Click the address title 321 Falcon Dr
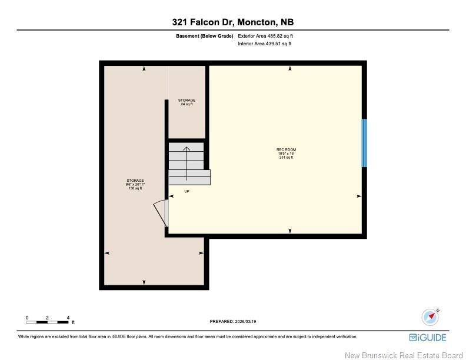pyautogui.click(x=232, y=22)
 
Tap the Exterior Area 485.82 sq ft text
pyautogui.click(x=265, y=36)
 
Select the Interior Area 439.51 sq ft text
pyautogui.click(x=265, y=44)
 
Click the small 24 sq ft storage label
pyautogui.click(x=187, y=102)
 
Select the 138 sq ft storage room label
pyautogui.click(x=135, y=184)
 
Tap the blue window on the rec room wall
pyautogui.click(x=364, y=143)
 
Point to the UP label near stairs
pyautogui.click(x=187, y=192)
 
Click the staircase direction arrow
pyautogui.click(x=187, y=162)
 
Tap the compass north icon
pyautogui.click(x=430, y=317)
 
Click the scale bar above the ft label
pyautogui.click(x=48, y=322)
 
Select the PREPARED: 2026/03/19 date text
pyautogui.click(x=233, y=321)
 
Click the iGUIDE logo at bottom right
pyautogui.click(x=428, y=337)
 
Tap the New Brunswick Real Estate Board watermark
pyautogui.click(x=403, y=355)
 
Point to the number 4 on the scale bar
pyautogui.click(x=68, y=317)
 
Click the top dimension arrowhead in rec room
pyautogui.click(x=290, y=69)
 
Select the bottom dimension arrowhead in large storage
pyautogui.click(x=144, y=282)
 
